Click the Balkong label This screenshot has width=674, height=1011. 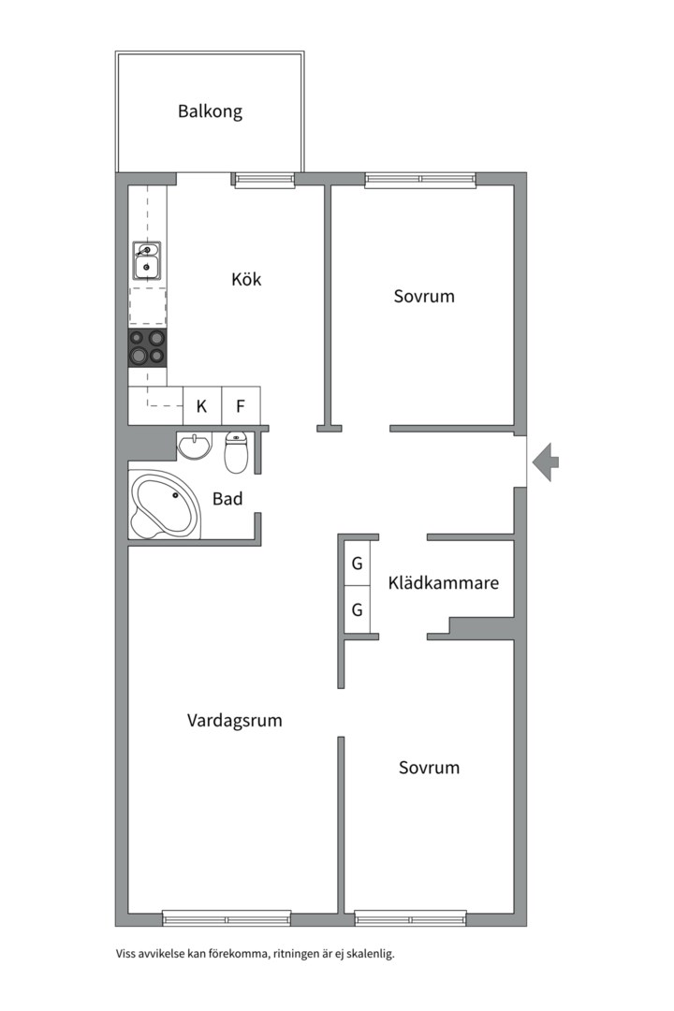coord(210,111)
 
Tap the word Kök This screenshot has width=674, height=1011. coord(246,279)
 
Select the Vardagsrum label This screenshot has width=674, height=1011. coord(234,721)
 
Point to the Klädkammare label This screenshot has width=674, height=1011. coord(443,582)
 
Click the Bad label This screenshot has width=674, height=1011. coord(227,498)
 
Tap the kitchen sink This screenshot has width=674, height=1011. coord(147,261)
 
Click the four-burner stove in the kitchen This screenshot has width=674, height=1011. coord(147,346)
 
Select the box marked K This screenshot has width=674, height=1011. coord(201,406)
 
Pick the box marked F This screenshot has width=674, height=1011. coord(241,406)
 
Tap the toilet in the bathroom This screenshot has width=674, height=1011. coord(236,452)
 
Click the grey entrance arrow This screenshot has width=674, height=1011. coord(546,462)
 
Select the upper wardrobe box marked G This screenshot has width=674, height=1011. coord(357,564)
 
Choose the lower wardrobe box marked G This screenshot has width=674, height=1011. coord(357,610)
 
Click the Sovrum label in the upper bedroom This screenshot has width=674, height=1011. coord(423,296)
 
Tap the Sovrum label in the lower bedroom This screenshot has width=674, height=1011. coord(429,768)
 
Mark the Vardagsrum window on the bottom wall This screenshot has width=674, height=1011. coord(227,918)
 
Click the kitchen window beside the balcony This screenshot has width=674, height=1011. coord(264,180)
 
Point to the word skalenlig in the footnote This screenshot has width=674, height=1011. coord(366,954)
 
